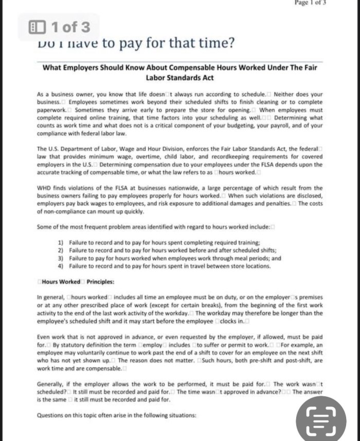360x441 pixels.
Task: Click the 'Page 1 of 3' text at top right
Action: (310, 3)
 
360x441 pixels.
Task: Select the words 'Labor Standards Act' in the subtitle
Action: (179, 78)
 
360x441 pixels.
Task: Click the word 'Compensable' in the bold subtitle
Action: (197, 67)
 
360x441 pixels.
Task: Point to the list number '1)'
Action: (60, 242)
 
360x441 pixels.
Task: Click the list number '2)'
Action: (60, 250)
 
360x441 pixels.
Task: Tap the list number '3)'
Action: (60, 258)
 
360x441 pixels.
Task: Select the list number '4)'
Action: (60, 266)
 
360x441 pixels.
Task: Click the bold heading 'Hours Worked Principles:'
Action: (77, 281)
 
